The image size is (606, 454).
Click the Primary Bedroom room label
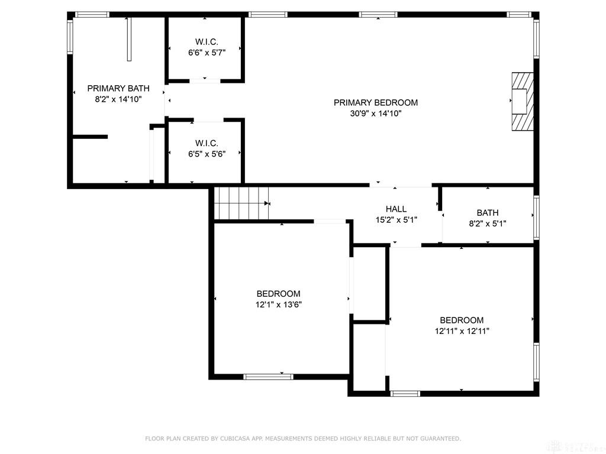click(x=375, y=102)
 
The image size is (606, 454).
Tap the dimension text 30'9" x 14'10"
click(x=375, y=113)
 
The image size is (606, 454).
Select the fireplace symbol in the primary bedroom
click(x=522, y=100)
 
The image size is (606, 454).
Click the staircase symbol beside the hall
click(x=241, y=203)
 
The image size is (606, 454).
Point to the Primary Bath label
click(x=118, y=88)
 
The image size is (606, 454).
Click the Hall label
click(x=396, y=209)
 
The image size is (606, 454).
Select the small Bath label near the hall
click(x=487, y=212)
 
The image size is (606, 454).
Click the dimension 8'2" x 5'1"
click(x=487, y=223)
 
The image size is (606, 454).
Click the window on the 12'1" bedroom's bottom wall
click(x=268, y=376)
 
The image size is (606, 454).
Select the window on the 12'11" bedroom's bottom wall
click(x=405, y=393)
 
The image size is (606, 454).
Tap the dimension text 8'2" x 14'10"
click(x=118, y=99)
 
